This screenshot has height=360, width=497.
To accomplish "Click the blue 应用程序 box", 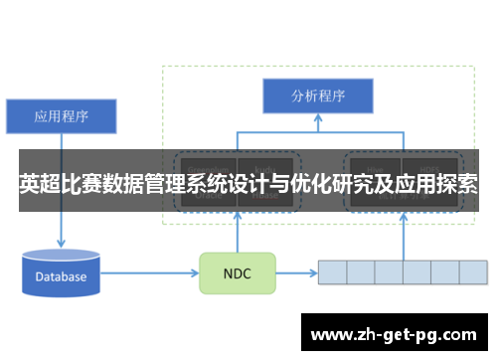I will click(x=62, y=116).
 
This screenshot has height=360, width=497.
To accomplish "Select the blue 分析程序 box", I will click(x=317, y=96).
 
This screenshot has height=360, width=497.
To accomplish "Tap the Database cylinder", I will click(x=62, y=273).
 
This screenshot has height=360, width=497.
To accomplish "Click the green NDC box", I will click(x=238, y=272).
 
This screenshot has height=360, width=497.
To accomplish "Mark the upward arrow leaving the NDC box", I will click(x=238, y=234).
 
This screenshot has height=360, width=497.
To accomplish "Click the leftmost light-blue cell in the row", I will click(x=331, y=272).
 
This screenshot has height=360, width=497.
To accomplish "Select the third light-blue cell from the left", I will click(x=388, y=272).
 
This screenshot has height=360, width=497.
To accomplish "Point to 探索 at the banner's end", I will click(x=454, y=184).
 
